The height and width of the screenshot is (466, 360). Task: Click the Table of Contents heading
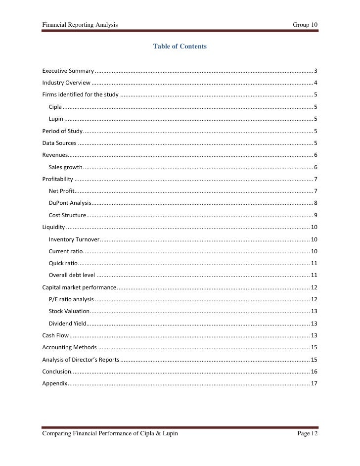point(180,47)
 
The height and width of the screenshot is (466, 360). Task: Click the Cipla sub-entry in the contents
point(55,106)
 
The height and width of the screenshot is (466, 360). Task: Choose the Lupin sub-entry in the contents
point(56,118)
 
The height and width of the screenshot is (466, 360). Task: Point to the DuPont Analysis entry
point(70,203)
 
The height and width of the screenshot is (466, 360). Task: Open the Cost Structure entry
point(67,215)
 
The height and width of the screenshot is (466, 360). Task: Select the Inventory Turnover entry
point(74,239)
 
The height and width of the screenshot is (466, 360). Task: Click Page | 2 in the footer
point(307,434)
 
